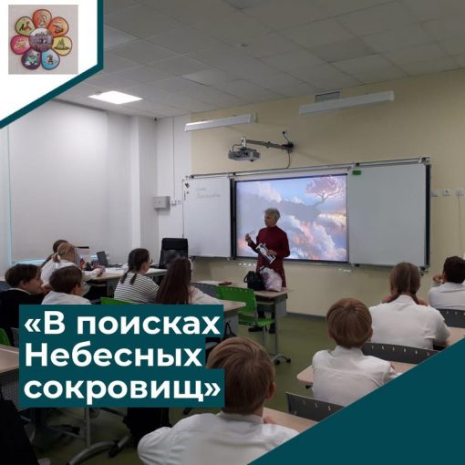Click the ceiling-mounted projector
pyautogui.click(x=243, y=153)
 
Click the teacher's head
pyautogui.click(x=271, y=216)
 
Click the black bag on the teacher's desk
pyautogui.click(x=254, y=280)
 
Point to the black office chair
pyautogui.click(x=172, y=252)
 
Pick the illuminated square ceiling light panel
pyautogui.click(x=115, y=97)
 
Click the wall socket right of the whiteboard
pyautogui.click(x=446, y=192)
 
